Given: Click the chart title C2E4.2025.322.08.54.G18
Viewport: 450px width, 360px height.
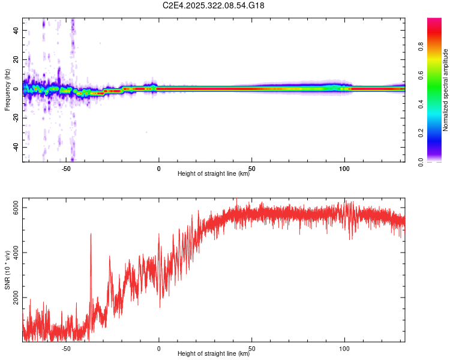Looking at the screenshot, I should click(x=214, y=5).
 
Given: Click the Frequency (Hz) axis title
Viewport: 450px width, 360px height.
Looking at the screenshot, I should click(x=7, y=89).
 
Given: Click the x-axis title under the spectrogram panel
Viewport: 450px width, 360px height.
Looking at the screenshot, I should click(x=214, y=174).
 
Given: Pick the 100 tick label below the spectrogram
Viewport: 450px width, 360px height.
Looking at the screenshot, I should click(x=344, y=168).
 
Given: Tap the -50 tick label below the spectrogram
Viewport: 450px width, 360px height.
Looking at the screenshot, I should click(x=66, y=168).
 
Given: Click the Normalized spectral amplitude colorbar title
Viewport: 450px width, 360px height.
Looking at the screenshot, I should click(x=446, y=90).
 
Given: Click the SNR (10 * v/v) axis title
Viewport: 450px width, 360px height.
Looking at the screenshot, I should click(x=7, y=270).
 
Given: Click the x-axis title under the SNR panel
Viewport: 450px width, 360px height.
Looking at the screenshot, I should click(x=214, y=354).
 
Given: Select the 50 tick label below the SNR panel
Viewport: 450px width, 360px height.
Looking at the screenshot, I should click(x=252, y=348).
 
